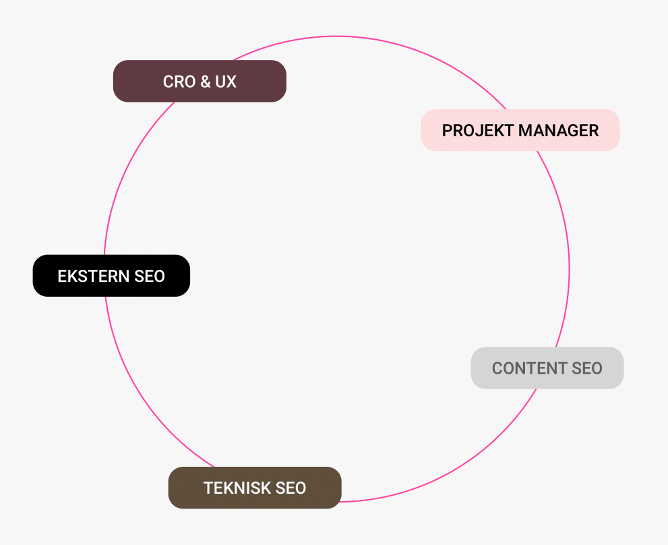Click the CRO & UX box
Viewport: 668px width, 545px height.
pyautogui.click(x=200, y=81)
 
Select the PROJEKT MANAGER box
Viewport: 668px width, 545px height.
pyautogui.click(x=520, y=130)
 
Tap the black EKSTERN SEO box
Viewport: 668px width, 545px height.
pyautogui.click(x=111, y=275)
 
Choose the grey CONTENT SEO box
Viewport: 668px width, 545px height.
pyautogui.click(x=547, y=368)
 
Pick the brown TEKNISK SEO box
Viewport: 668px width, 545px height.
pyautogui.click(x=255, y=488)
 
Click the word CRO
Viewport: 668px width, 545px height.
pyautogui.click(x=179, y=82)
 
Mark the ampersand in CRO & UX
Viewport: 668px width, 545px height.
pyautogui.click(x=205, y=82)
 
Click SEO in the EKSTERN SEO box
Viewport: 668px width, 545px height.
pyautogui.click(x=149, y=276)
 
